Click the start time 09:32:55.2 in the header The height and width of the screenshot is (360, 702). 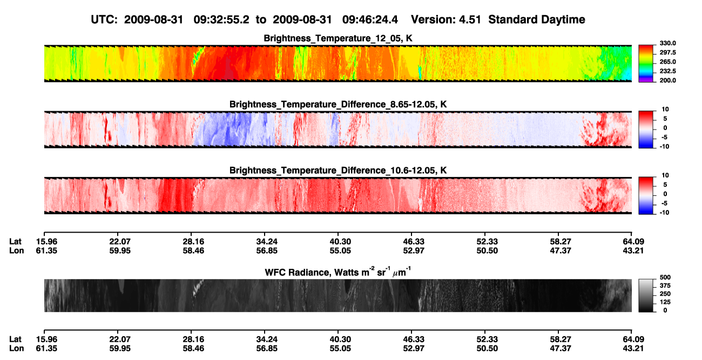(x=221, y=20)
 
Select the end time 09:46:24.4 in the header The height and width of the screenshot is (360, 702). (x=370, y=20)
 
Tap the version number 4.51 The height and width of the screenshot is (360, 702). (x=470, y=20)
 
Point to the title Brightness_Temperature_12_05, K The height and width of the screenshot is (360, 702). (x=338, y=38)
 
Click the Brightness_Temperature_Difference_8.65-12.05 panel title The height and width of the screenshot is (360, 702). (x=338, y=104)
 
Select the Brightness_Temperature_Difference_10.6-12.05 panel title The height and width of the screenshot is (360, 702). (x=338, y=171)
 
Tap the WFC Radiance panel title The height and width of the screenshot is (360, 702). (x=338, y=272)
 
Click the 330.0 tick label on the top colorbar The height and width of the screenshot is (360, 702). (x=667, y=43)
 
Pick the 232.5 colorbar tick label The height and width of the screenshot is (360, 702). (x=667, y=71)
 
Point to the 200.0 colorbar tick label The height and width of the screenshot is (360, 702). (x=667, y=80)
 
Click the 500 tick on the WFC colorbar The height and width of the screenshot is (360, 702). (x=665, y=277)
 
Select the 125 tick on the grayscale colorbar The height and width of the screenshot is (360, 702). (x=665, y=302)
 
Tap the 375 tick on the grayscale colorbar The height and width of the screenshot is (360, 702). (x=665, y=286)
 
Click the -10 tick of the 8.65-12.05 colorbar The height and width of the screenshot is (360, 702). (x=664, y=147)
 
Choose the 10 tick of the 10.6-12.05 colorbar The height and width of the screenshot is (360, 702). (x=665, y=175)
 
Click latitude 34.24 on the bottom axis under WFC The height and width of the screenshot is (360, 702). (x=267, y=339)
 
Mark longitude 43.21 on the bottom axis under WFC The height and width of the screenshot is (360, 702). (x=633, y=349)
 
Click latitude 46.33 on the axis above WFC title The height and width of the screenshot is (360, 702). (x=414, y=242)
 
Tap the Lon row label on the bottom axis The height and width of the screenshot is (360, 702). (x=17, y=349)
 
